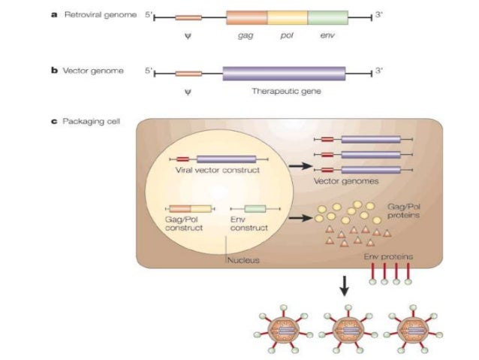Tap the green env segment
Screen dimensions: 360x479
pyautogui.click(x=328, y=18)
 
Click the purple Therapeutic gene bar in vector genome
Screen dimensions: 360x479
pyautogui.click(x=284, y=73)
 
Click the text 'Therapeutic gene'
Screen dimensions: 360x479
pyautogui.click(x=285, y=90)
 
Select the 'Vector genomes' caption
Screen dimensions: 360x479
pyautogui.click(x=348, y=181)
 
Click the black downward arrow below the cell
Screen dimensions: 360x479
pyautogui.click(x=345, y=284)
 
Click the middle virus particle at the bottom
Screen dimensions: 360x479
pyautogui.click(x=345, y=330)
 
